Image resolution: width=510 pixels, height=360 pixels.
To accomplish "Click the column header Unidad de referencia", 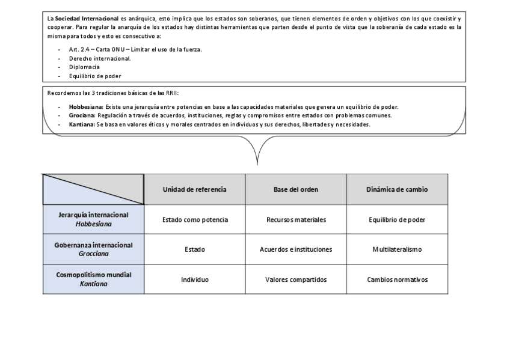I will coord(194,189).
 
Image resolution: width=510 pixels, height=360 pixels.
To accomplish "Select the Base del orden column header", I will coord(296,189).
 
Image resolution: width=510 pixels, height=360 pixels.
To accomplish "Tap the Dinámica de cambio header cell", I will coord(397,189).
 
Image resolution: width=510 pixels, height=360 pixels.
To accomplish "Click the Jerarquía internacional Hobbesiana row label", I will coord(93,219).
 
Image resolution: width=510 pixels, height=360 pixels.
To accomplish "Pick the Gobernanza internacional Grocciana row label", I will coord(93,249).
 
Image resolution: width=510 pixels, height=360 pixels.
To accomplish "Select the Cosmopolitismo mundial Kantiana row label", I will coord(93,279).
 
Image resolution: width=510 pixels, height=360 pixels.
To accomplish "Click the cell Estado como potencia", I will coord(195,219).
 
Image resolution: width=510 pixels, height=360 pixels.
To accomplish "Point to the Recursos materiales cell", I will coord(296,219).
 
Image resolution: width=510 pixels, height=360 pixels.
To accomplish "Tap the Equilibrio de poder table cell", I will coord(397,219).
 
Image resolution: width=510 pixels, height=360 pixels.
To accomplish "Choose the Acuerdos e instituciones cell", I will coord(296,249).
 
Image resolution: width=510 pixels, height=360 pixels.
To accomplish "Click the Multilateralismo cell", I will coord(397,249).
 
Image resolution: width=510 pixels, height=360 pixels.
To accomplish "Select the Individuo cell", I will coord(195,279).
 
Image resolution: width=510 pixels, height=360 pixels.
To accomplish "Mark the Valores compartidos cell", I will coord(296,279).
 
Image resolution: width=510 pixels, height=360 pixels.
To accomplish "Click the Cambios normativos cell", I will coord(397,279).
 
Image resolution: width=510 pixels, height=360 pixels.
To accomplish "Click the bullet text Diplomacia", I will coord(84,67).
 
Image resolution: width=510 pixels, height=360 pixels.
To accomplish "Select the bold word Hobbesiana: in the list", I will coord(82,107).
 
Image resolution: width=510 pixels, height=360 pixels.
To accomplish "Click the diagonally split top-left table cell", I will coord(93,189).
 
